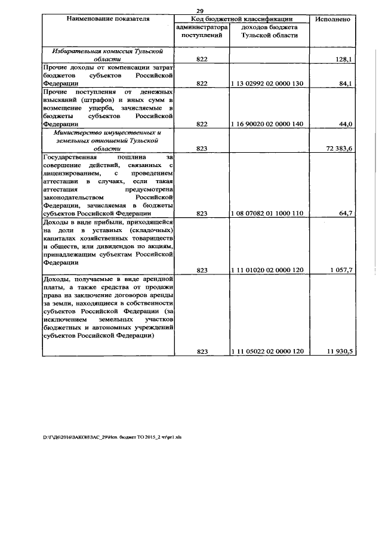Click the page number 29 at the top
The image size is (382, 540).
[x=200, y=11]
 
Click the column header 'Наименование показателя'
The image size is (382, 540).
[x=108, y=20]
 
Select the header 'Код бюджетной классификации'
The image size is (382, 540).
[x=242, y=20]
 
